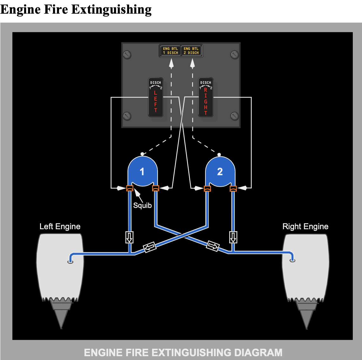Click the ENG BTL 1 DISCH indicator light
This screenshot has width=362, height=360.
[x=170, y=51]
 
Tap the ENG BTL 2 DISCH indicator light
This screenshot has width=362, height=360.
[x=191, y=51]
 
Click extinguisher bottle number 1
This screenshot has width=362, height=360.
[x=143, y=172]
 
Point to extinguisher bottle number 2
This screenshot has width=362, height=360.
[x=220, y=172]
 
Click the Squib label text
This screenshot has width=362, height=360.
[x=142, y=205]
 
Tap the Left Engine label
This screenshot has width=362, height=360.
[x=60, y=227]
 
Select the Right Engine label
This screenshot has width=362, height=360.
[x=305, y=227]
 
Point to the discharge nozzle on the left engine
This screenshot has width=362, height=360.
[x=70, y=261]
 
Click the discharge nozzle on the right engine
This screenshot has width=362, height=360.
[x=292, y=260]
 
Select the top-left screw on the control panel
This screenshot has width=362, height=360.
[x=127, y=54]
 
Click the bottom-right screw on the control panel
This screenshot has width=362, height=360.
[x=235, y=116]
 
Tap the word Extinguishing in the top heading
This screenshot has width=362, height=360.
[x=111, y=10]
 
